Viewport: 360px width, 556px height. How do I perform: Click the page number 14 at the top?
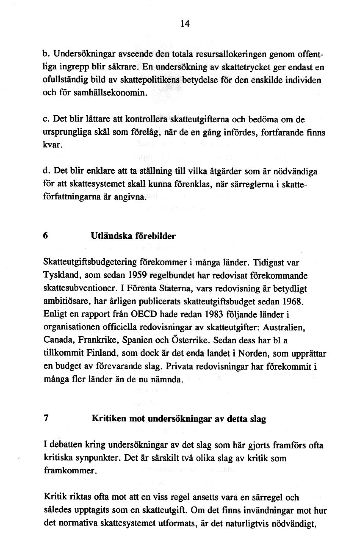(185, 24)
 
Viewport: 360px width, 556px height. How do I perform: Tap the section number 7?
(46, 418)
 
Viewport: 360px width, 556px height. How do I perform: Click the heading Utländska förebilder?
(133, 236)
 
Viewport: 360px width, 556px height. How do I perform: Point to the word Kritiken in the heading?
(107, 419)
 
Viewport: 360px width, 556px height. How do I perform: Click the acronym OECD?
(139, 314)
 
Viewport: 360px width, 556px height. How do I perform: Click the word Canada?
(57, 340)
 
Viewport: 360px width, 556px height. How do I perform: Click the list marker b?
(47, 54)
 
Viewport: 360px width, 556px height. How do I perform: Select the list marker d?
(47, 172)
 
